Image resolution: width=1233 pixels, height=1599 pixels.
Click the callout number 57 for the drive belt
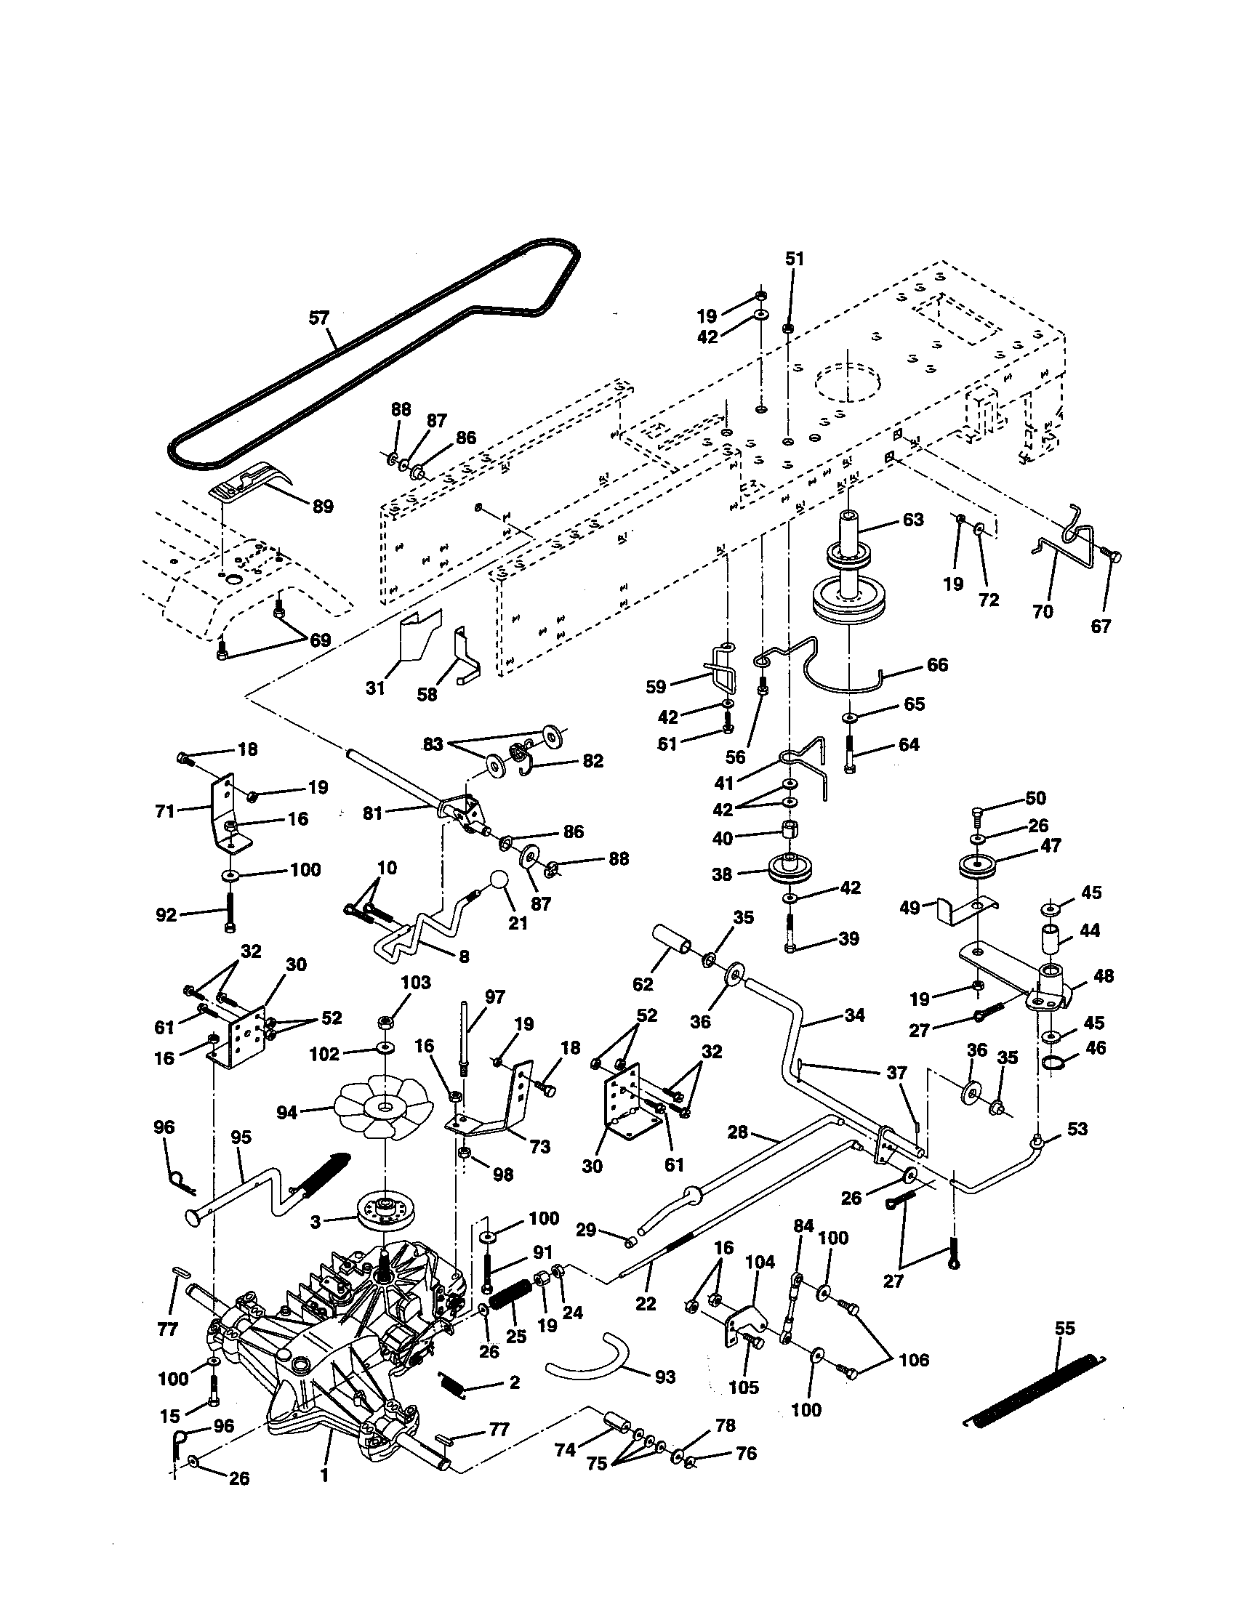(319, 318)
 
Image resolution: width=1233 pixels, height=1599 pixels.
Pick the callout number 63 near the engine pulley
(913, 520)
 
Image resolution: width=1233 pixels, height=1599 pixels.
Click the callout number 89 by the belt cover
(323, 507)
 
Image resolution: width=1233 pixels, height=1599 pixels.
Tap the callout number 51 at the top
(795, 259)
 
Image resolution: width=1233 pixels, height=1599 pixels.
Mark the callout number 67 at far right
(1101, 626)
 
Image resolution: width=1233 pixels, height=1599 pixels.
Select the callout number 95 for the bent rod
(241, 1137)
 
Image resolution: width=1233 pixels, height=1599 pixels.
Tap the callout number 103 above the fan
(415, 983)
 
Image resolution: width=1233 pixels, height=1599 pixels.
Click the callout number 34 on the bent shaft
(854, 1015)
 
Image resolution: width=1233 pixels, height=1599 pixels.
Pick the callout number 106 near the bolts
(913, 1361)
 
